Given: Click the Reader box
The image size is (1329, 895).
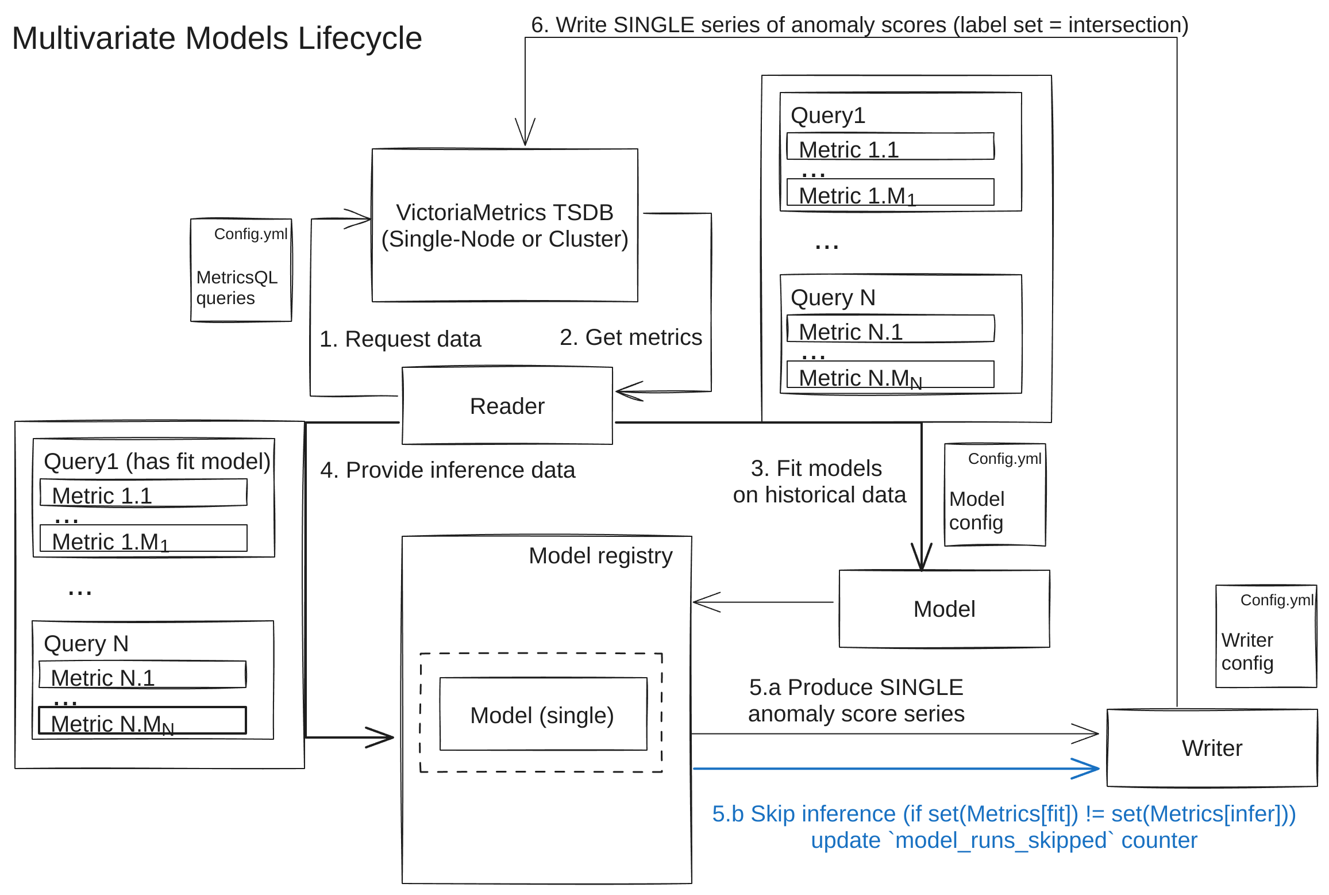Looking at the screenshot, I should click(x=507, y=406).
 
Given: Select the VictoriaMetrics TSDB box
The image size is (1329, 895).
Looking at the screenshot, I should click(x=504, y=225).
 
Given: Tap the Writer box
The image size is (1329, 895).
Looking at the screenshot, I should click(x=1212, y=748).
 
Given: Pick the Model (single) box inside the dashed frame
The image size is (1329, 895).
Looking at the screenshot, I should click(x=542, y=715).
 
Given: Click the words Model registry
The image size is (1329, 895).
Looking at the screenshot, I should click(x=600, y=556).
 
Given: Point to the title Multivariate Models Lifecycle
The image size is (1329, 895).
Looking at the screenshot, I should click(x=217, y=39).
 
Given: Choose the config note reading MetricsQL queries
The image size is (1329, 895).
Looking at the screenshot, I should click(x=241, y=270).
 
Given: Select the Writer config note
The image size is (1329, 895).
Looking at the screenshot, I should click(x=1266, y=636).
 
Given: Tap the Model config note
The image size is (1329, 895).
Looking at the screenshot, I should click(x=995, y=495).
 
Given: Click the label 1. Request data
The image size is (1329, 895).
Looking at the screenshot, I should click(x=400, y=339).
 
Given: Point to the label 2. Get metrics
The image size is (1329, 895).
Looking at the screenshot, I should click(x=630, y=337).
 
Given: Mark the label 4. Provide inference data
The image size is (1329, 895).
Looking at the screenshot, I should click(x=448, y=470).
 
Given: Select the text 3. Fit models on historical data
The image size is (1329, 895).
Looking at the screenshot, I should click(x=819, y=482).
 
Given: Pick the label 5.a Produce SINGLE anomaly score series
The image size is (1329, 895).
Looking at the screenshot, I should click(x=856, y=700).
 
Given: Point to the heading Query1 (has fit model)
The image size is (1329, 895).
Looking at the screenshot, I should click(x=157, y=462).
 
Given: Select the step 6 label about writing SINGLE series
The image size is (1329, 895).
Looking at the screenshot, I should click(x=860, y=25).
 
